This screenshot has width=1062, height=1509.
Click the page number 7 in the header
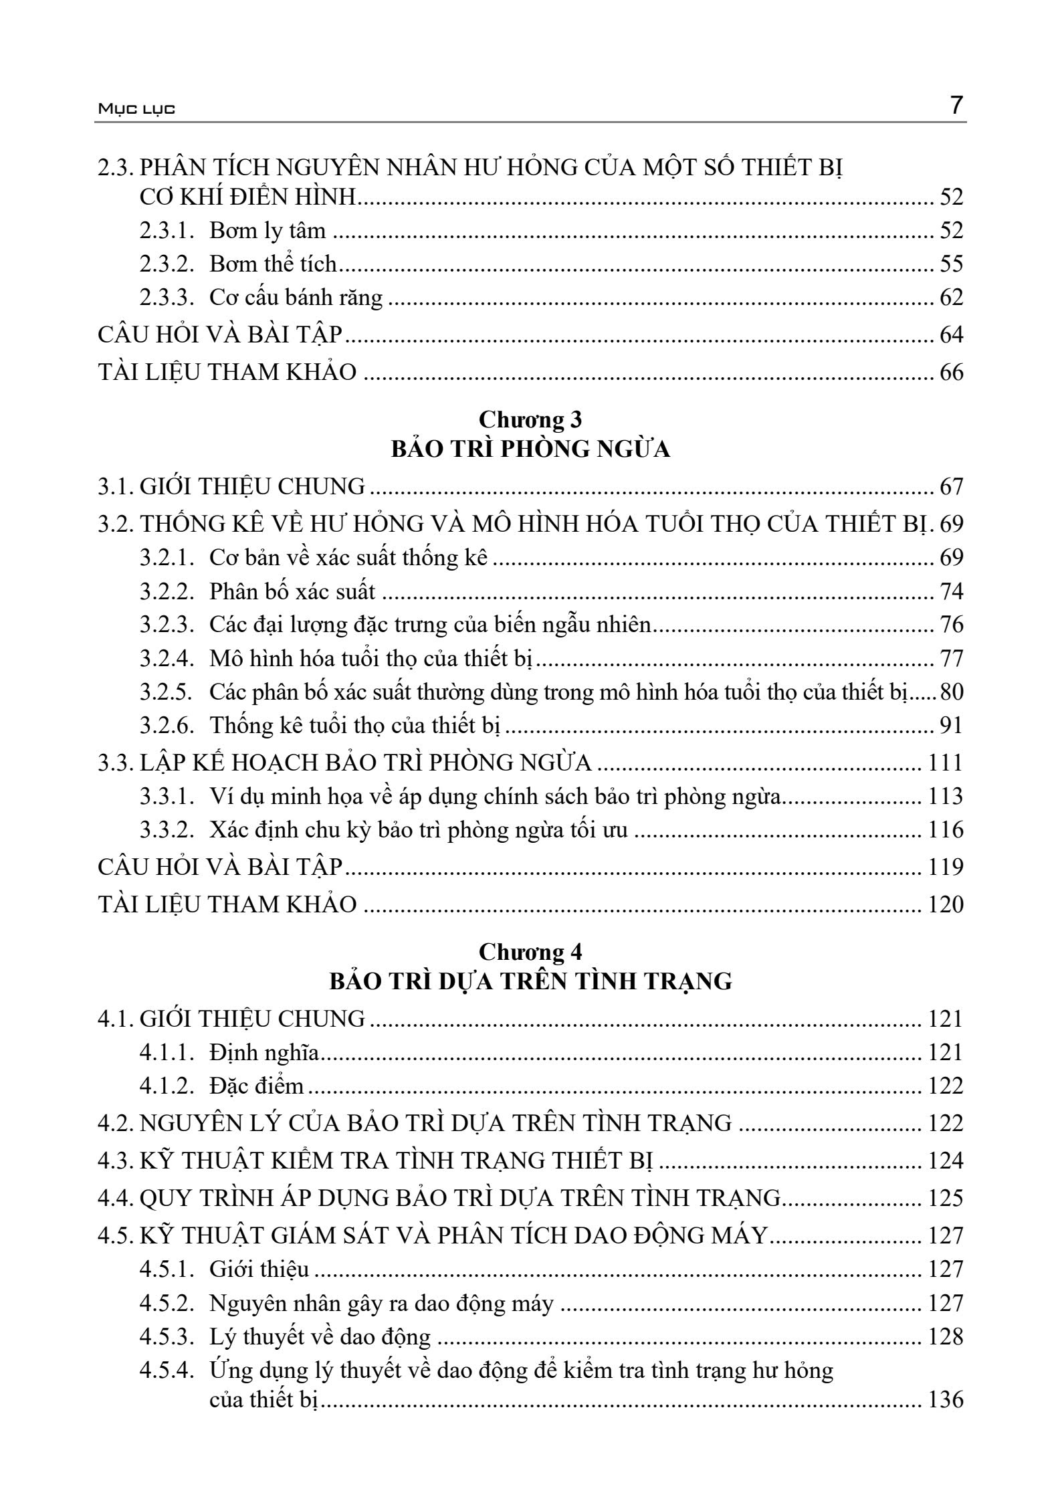[x=956, y=106]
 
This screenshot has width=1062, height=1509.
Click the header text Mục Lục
[x=136, y=109]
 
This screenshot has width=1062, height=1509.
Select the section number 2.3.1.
[x=167, y=231]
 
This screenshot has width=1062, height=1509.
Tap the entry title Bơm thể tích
[x=273, y=264]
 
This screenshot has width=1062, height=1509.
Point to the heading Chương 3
[x=530, y=419]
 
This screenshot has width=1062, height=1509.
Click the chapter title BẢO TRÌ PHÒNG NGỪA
[x=530, y=449]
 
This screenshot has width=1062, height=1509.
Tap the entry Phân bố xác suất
[x=292, y=591]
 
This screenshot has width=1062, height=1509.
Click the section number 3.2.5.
[x=167, y=692]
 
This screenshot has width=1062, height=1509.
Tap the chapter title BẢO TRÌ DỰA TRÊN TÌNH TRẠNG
[x=530, y=981]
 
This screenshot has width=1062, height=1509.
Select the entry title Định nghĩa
[x=264, y=1052]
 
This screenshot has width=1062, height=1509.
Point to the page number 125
[x=946, y=1198]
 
